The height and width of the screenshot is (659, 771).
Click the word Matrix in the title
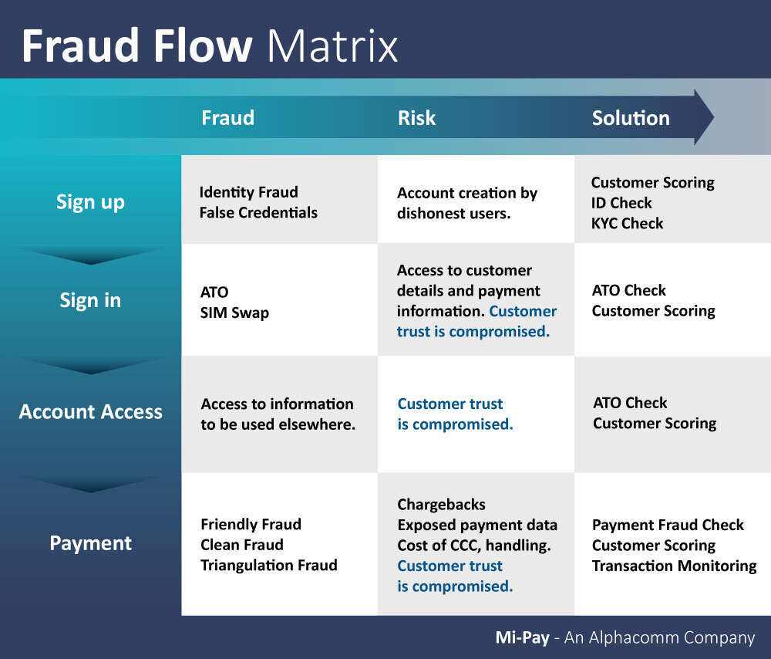[x=332, y=47]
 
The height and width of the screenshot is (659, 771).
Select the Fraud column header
[x=227, y=118]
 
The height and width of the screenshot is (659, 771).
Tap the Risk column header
[x=416, y=118]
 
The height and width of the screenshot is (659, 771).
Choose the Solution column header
[x=631, y=118]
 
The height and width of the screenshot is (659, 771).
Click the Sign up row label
[x=90, y=202]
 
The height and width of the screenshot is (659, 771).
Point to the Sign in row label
[x=90, y=300]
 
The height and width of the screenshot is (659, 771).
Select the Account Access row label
[x=90, y=411]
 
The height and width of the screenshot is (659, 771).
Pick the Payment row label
[x=90, y=543]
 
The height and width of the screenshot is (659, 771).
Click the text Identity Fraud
[x=248, y=192]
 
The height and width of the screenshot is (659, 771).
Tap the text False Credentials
[x=258, y=212]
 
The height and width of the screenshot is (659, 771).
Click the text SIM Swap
[x=234, y=313]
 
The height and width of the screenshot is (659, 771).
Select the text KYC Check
[x=627, y=223]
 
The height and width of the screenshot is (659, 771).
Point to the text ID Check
[x=621, y=203]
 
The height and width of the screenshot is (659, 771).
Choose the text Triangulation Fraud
[x=269, y=565]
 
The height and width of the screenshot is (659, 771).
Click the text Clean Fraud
[x=242, y=545]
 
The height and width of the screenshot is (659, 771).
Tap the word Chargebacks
[x=441, y=505]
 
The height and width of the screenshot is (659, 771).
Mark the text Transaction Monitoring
[x=674, y=566]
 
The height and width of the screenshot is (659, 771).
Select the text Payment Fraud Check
[x=668, y=525]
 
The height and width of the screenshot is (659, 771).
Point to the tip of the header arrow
[x=712, y=117]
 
